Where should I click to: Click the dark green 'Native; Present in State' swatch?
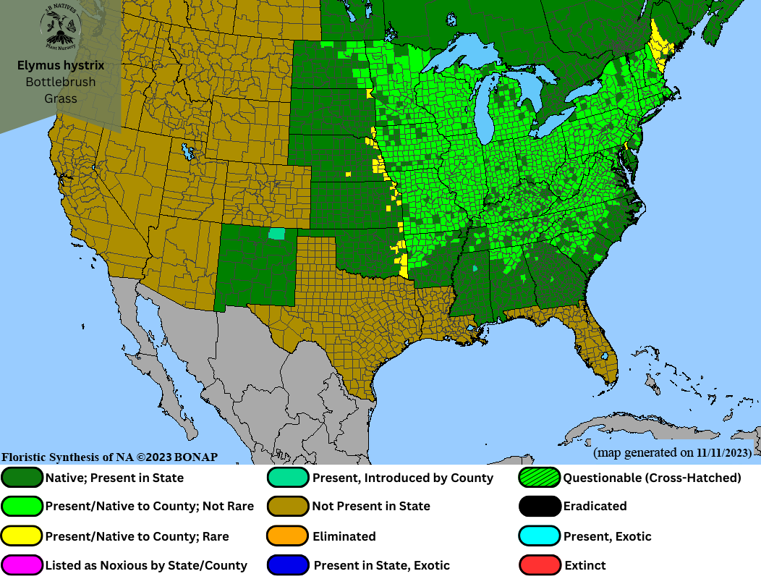[x=22, y=478]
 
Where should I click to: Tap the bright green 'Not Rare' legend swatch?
[x=22, y=506]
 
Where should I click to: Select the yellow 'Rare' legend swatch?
[x=22, y=536]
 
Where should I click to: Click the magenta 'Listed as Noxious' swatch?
[x=22, y=565]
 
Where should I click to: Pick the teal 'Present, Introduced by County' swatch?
[x=289, y=478]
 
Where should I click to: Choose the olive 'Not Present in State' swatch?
[x=289, y=506]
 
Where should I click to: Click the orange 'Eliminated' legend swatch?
[x=289, y=536]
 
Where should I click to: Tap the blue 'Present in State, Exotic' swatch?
[x=289, y=565]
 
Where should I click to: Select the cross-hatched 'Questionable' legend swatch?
[x=540, y=478]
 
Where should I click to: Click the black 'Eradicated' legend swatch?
[x=540, y=506]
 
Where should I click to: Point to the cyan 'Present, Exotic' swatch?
[x=540, y=536]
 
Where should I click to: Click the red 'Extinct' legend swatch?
[x=540, y=565]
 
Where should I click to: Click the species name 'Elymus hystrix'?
[x=61, y=66]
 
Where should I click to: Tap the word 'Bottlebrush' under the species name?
[x=61, y=82]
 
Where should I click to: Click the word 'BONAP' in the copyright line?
[x=194, y=457]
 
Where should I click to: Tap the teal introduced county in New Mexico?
[x=276, y=234]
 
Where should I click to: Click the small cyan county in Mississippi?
[x=475, y=269]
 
